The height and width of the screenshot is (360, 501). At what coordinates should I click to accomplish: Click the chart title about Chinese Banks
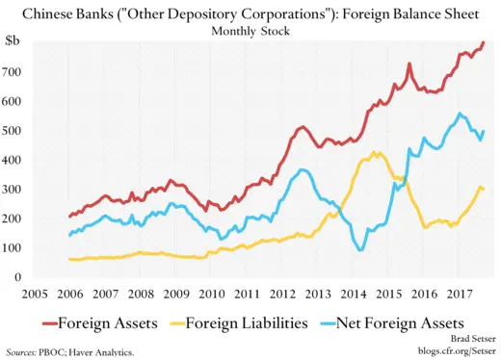pyautogui.click(x=250, y=13)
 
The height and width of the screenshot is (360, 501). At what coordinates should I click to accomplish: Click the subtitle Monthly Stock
pyautogui.click(x=250, y=30)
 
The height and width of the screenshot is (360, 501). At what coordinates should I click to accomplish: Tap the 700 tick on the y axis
pyautogui.click(x=15, y=71)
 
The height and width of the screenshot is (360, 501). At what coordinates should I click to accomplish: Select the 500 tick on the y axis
pyautogui.click(x=15, y=130)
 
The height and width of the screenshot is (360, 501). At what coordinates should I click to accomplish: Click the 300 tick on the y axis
pyautogui.click(x=15, y=190)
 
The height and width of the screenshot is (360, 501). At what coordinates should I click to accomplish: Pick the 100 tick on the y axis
pyautogui.click(x=15, y=248)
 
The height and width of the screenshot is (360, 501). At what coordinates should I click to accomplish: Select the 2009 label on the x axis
pyautogui.click(x=175, y=294)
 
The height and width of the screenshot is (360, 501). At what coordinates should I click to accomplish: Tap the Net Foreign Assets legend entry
pyautogui.click(x=402, y=321)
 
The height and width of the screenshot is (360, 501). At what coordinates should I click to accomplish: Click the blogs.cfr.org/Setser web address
pyautogui.click(x=450, y=352)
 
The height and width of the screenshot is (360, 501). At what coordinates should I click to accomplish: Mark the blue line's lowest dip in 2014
pyautogui.click(x=361, y=249)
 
